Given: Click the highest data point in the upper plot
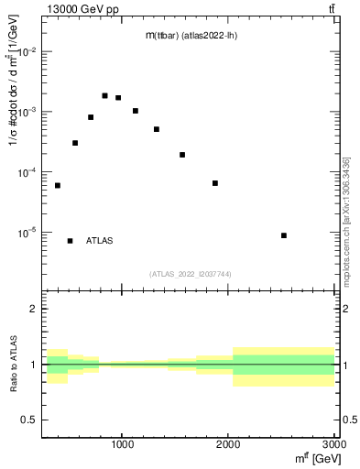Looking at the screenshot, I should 104,95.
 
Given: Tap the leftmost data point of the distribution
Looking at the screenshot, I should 58,186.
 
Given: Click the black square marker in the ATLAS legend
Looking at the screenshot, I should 70,241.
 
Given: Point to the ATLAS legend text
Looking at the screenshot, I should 100,241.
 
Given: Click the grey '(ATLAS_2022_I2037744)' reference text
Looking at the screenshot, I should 190,274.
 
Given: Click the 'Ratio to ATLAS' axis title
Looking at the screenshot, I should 12,365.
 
